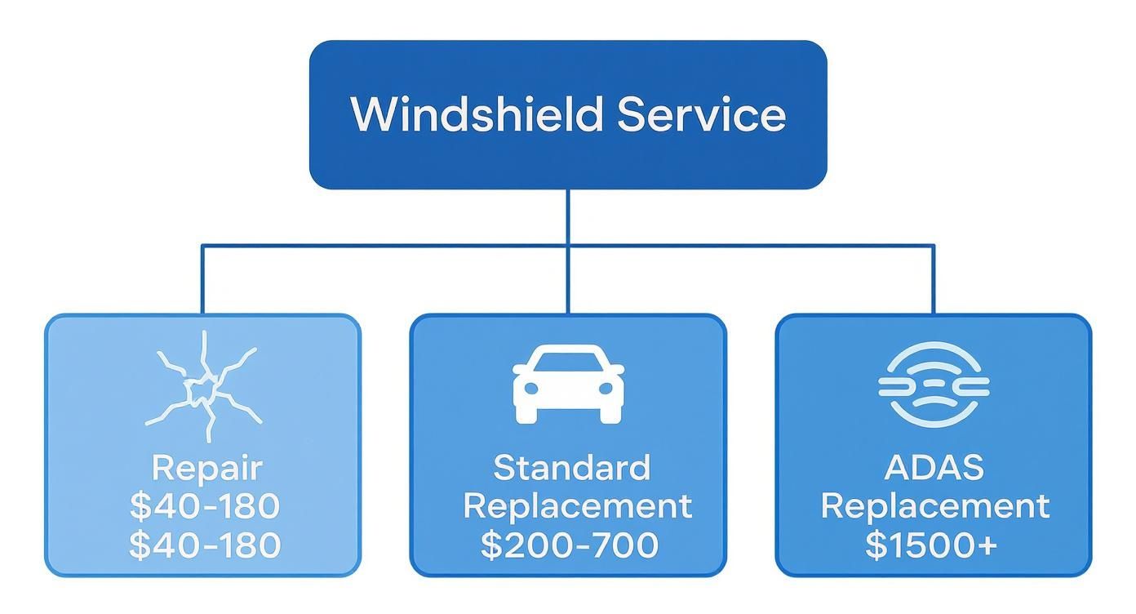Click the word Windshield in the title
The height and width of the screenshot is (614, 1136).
(478, 114)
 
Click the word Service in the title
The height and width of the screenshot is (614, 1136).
(701, 114)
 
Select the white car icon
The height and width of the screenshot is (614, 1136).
(568, 383)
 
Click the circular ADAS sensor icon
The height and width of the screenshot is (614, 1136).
(934, 385)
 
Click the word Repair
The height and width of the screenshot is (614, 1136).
(207, 469)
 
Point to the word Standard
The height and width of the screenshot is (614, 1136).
(572, 468)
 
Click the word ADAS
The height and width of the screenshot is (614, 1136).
(934, 468)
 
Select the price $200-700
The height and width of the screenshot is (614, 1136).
(569, 545)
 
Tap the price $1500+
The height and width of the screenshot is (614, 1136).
(931, 545)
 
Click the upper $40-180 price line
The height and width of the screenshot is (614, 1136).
(204, 506)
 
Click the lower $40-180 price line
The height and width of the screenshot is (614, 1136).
(204, 545)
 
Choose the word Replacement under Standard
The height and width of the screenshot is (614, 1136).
(577, 506)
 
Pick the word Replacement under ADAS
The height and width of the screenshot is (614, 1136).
(934, 506)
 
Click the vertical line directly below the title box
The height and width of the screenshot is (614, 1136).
(568, 216)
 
